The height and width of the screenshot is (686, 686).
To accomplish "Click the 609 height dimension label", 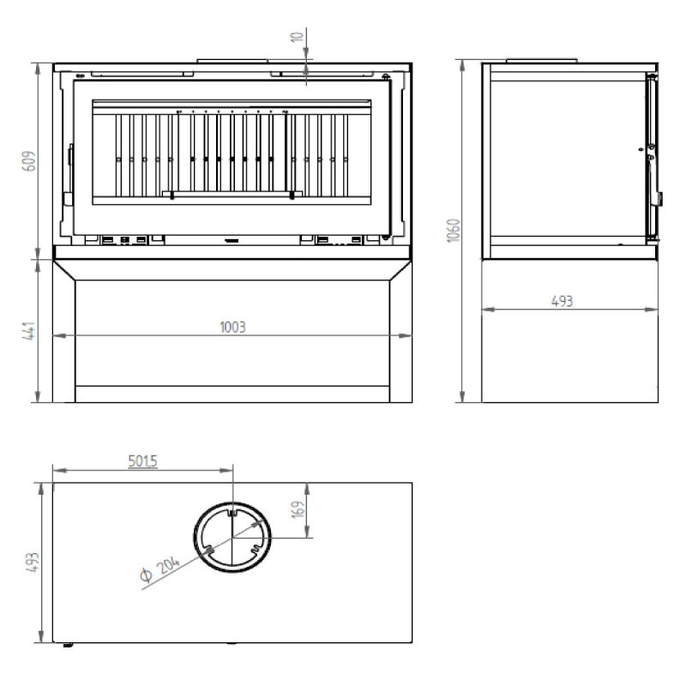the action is tap(29, 161).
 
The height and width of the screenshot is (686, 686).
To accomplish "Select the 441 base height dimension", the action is tap(29, 331).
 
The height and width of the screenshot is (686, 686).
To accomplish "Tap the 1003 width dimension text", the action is tap(232, 328).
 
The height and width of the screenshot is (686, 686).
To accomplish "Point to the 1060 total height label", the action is tap(454, 230).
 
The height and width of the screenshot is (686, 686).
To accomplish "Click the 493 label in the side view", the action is tap(563, 301).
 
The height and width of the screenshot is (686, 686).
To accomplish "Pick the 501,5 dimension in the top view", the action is tap(142, 461).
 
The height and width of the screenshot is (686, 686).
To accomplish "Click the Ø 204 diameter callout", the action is tap(159, 569).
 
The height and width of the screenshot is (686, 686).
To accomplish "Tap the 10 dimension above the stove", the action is tap(298, 37).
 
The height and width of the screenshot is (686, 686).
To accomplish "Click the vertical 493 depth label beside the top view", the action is tap(33, 563).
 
